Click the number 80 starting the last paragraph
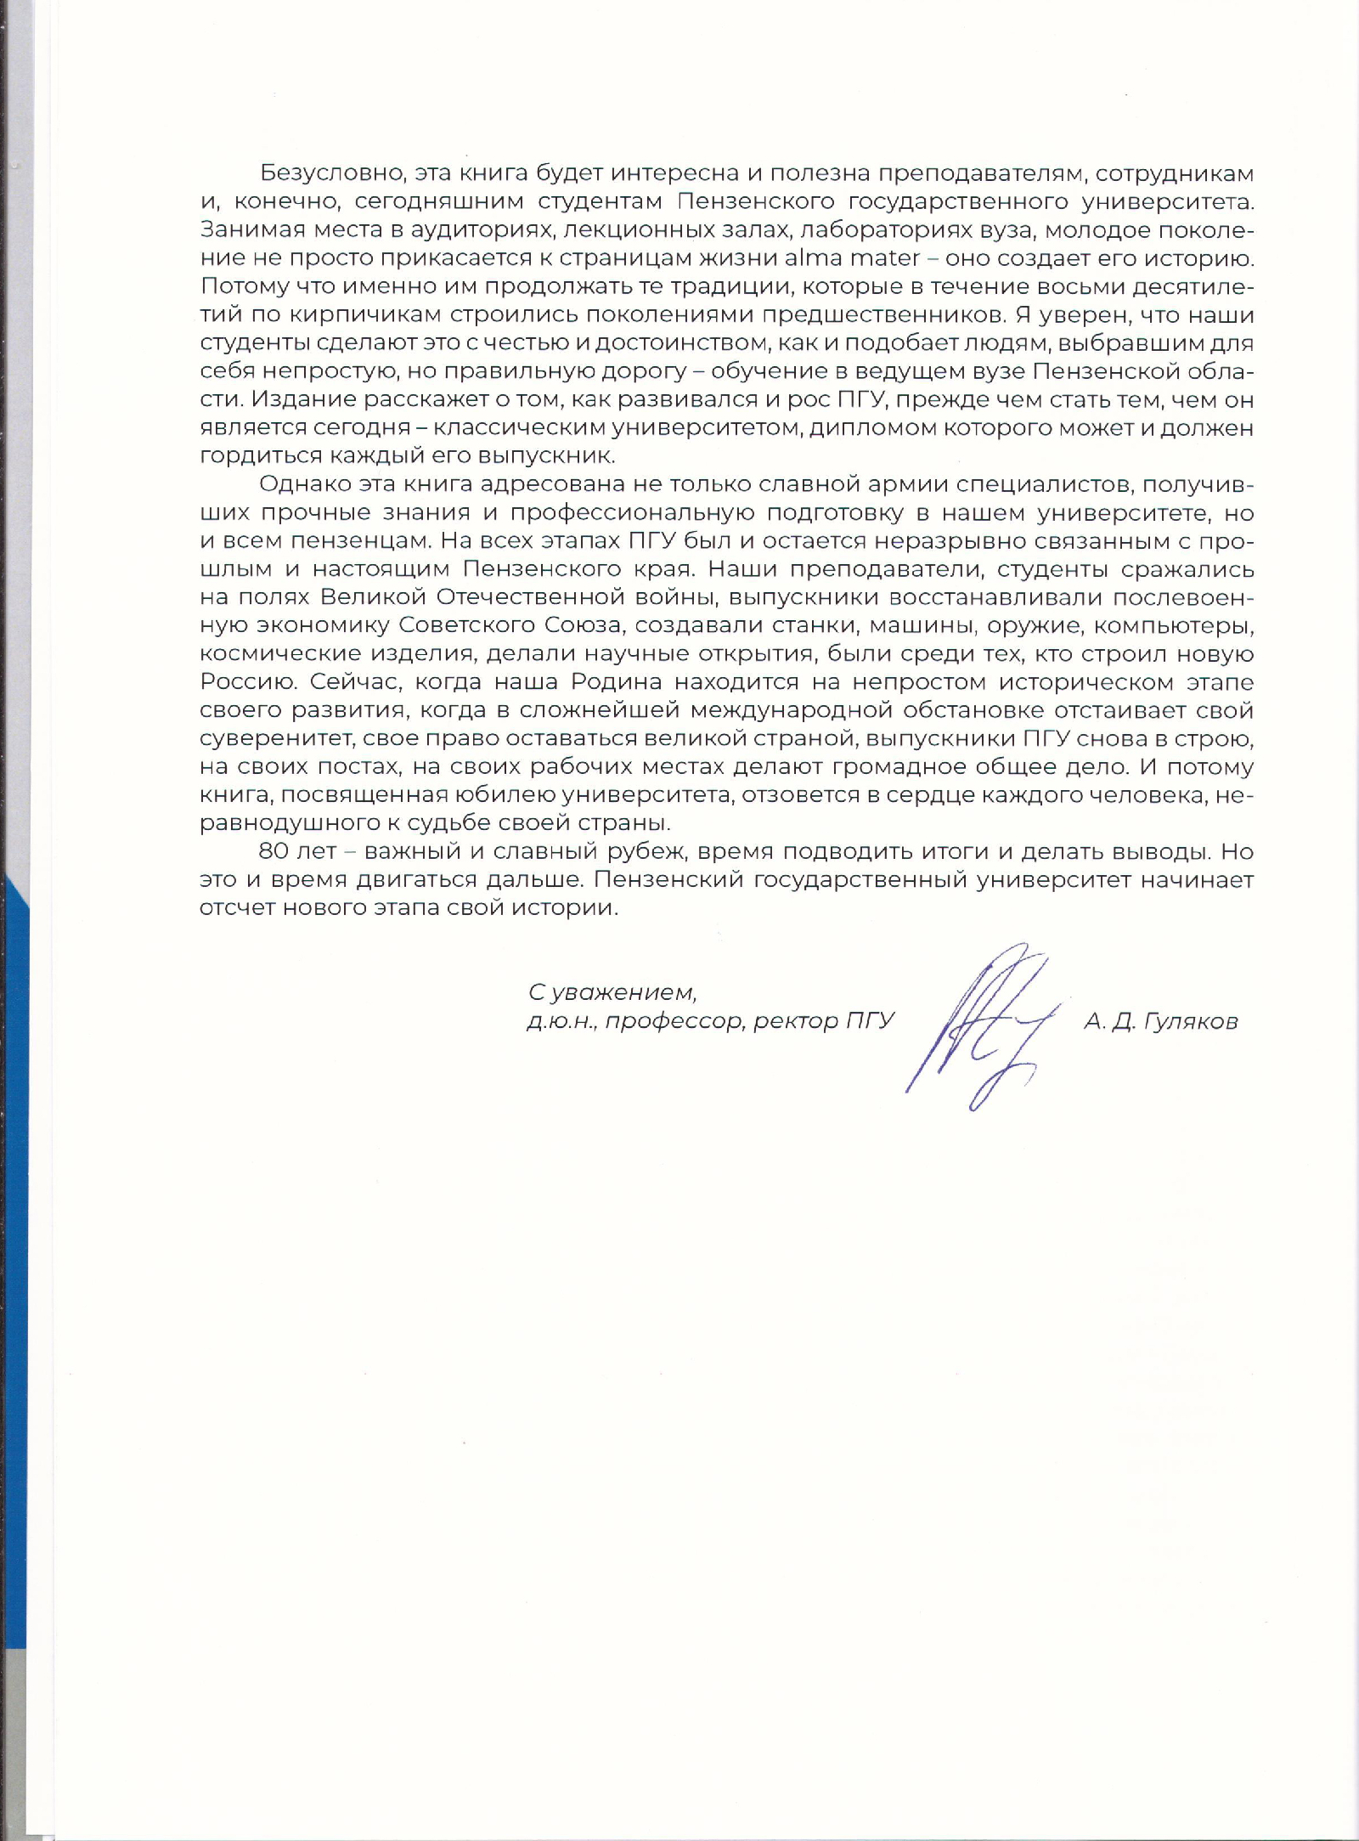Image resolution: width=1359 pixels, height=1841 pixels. (273, 851)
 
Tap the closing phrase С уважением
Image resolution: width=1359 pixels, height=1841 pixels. (612, 992)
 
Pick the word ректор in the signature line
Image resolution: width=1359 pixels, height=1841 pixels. (796, 1021)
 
